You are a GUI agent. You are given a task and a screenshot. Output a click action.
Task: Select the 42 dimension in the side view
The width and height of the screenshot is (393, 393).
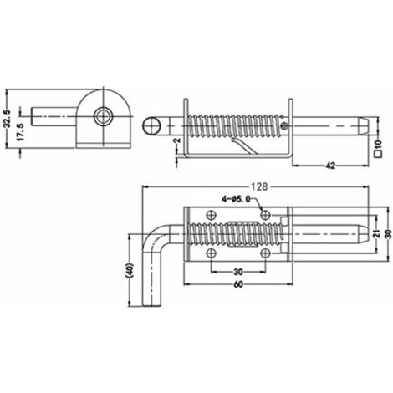tap(332, 166)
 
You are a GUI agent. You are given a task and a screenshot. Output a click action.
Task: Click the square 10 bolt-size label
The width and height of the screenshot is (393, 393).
tap(375, 144)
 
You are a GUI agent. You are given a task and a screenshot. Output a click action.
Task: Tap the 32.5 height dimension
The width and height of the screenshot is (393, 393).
tap(8, 118)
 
